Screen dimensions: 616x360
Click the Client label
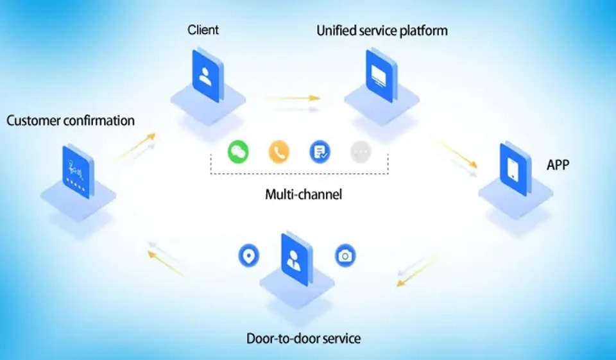click(x=203, y=30)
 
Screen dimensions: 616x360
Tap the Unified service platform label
click(x=382, y=31)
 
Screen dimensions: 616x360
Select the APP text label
click(x=558, y=165)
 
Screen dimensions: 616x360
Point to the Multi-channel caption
click(x=304, y=194)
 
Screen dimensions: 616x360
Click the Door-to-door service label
click(x=304, y=338)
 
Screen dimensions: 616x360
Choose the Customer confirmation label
click(x=71, y=120)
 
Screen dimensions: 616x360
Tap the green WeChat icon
click(x=238, y=151)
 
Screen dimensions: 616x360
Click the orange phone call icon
click(x=279, y=152)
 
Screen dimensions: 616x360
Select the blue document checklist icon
click(x=320, y=152)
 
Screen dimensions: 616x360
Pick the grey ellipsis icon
click(x=361, y=152)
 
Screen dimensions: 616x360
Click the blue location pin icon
click(x=249, y=255)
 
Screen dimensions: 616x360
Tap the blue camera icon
click(x=345, y=256)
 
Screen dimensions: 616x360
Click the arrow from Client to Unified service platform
click(x=293, y=98)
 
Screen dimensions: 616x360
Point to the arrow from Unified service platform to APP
click(x=454, y=151)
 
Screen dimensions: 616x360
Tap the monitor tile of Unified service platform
click(x=381, y=76)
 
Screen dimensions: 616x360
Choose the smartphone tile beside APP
click(x=515, y=169)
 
